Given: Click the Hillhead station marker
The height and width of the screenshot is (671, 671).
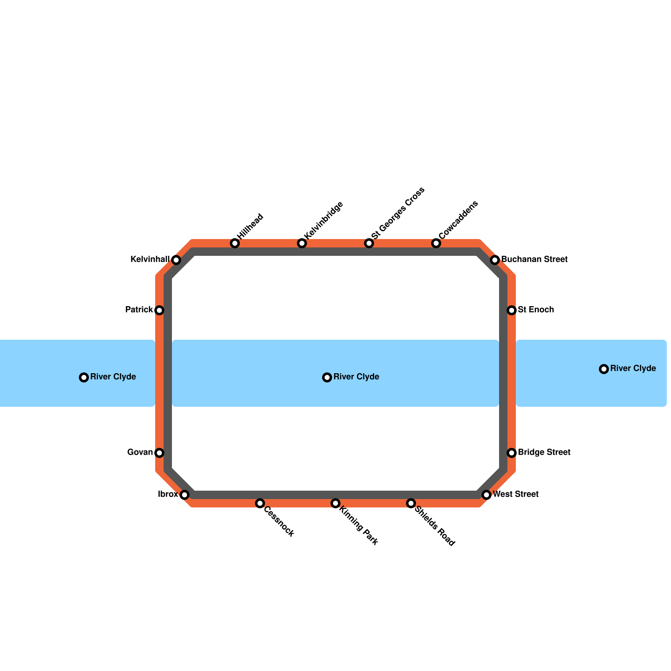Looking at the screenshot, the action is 235,243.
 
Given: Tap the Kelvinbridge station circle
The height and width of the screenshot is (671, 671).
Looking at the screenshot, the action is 302,243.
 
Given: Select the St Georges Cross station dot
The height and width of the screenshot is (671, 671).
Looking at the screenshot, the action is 369,243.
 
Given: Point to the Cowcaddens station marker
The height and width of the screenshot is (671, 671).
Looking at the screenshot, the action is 436,243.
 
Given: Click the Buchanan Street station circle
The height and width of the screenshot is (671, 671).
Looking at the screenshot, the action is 495,260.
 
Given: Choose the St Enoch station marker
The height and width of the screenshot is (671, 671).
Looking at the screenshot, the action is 512,310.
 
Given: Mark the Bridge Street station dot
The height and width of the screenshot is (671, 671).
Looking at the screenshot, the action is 512,453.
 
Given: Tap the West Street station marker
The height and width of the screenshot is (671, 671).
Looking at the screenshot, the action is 486,495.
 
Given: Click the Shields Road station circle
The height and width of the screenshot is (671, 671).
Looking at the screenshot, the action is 411,503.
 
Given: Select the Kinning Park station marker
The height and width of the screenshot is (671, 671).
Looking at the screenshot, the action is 335,503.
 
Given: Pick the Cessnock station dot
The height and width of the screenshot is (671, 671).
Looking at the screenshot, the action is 260,503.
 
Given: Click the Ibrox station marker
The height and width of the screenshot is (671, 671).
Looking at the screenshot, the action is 185,495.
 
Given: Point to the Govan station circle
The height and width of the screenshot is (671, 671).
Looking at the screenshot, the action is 159,453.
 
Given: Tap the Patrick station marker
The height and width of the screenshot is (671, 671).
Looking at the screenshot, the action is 159,310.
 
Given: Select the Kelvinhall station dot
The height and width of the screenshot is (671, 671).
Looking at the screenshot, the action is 176,260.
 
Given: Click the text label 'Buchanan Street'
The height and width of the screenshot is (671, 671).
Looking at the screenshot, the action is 534,260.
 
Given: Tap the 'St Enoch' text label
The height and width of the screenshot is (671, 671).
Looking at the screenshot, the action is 536,310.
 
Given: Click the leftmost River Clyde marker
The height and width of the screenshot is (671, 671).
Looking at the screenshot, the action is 84,377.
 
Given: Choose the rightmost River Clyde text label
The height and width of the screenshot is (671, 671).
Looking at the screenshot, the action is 633,369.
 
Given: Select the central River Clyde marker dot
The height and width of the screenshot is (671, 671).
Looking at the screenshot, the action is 327,377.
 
